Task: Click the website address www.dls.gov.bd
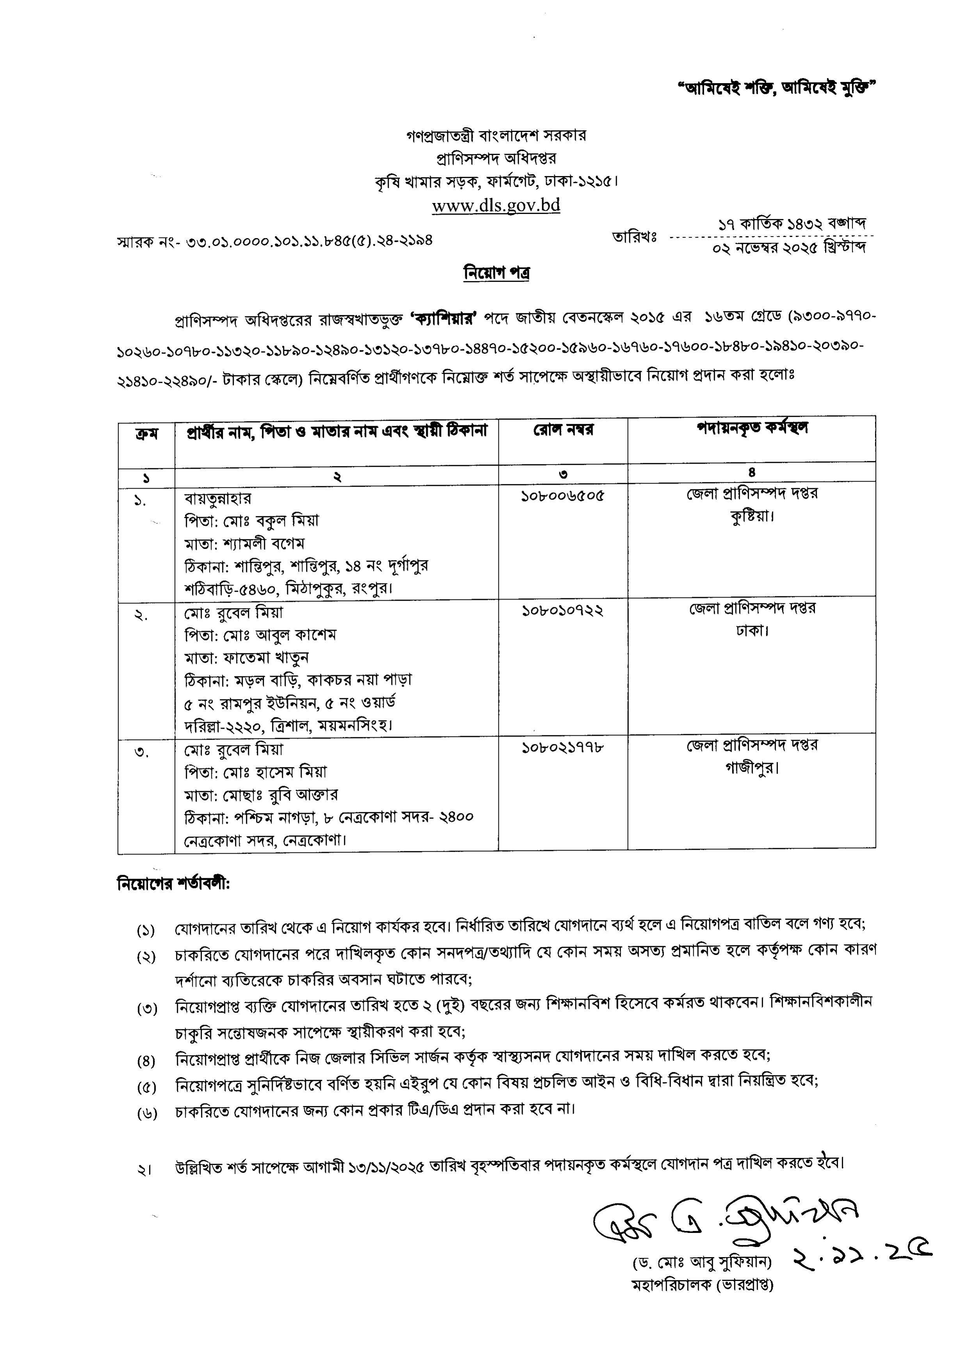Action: click(496, 206)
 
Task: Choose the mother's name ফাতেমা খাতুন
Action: click(266, 658)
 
